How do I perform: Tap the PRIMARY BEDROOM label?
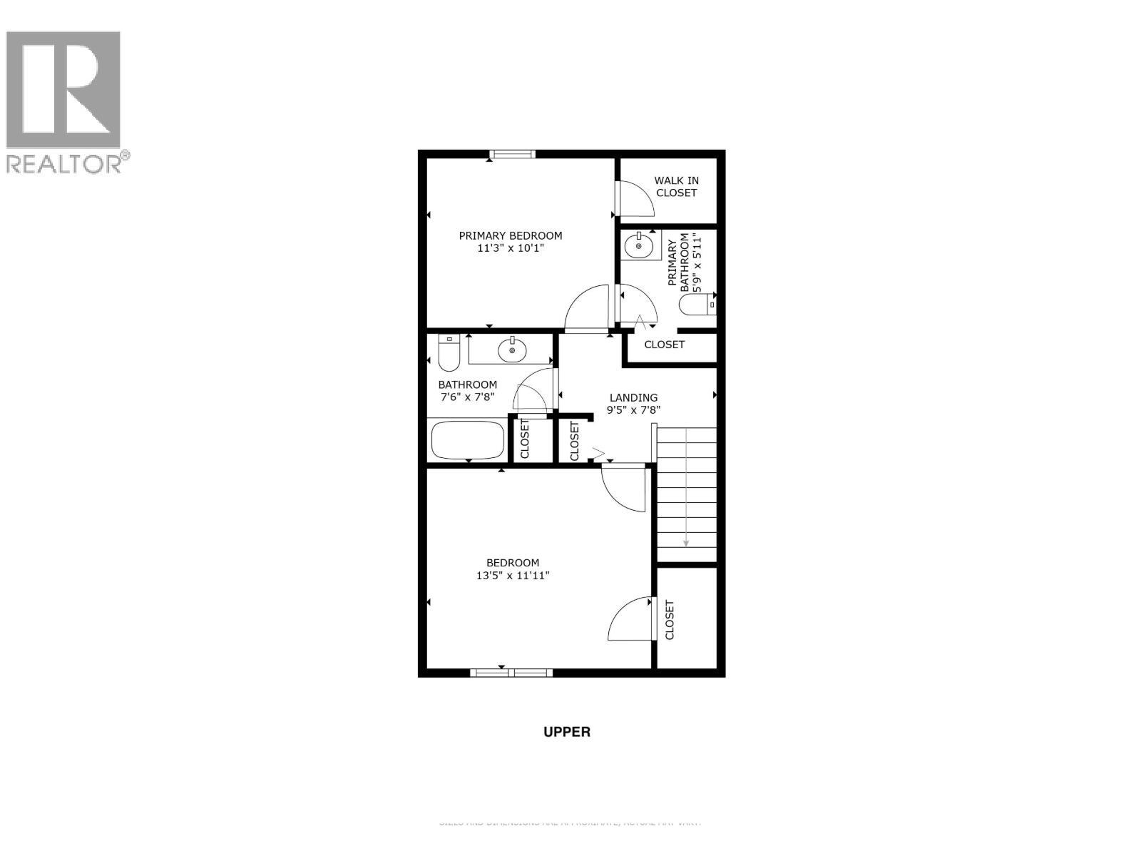(x=510, y=235)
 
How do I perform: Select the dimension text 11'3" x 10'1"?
(x=510, y=249)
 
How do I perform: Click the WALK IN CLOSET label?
(x=676, y=186)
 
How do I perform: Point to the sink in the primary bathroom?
(x=638, y=247)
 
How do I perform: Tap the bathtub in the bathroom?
(x=468, y=440)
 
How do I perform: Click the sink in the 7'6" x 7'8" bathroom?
(x=512, y=350)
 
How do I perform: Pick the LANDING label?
(x=633, y=397)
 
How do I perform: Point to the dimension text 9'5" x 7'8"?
(x=633, y=410)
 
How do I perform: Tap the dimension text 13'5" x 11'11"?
(x=512, y=576)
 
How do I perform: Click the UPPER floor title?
(x=567, y=731)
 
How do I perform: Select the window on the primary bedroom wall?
(x=512, y=153)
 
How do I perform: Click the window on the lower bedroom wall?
(x=511, y=672)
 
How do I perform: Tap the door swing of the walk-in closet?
(x=635, y=200)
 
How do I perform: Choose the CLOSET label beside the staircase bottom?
(x=670, y=619)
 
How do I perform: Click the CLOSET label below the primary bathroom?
(x=664, y=345)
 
